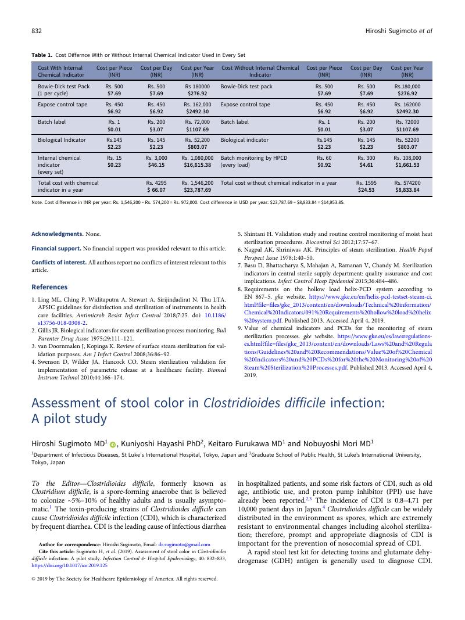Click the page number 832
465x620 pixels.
[36, 30]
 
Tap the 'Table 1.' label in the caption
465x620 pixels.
[41, 55]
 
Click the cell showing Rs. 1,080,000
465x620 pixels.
[197, 157]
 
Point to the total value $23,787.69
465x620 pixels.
[197, 189]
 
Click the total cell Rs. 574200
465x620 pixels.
[407, 182]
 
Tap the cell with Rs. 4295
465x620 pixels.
[156, 182]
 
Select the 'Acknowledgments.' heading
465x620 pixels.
[57, 234]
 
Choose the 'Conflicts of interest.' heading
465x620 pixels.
[59, 263]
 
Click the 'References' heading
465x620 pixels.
[49, 287]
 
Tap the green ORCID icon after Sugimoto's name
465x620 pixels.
[113, 444]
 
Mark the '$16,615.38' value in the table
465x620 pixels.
[197, 165]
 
